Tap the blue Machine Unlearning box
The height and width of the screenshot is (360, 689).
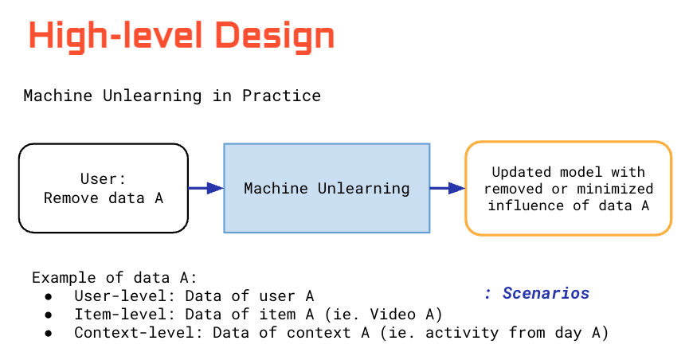tap(327, 188)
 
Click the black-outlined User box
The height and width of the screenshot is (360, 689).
tap(104, 188)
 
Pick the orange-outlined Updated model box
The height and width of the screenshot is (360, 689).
tap(568, 188)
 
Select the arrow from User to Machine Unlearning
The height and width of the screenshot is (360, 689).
tap(206, 188)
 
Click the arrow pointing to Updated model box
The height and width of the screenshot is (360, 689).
tap(447, 188)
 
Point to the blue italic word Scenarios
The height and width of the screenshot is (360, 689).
tap(546, 293)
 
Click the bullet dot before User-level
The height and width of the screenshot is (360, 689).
tap(49, 296)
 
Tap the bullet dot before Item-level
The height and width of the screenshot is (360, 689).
tap(49, 315)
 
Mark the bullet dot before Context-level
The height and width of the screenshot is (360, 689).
tap(49, 333)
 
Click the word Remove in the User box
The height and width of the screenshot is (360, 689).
tap(69, 198)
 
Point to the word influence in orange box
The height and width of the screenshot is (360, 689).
tap(524, 205)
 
